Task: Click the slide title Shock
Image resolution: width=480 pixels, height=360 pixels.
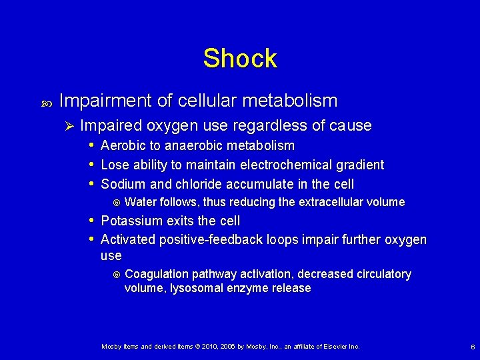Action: click(x=240, y=59)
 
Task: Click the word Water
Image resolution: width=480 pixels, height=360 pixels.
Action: click(x=140, y=202)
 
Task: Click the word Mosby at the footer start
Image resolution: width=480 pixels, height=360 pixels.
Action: click(x=111, y=347)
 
